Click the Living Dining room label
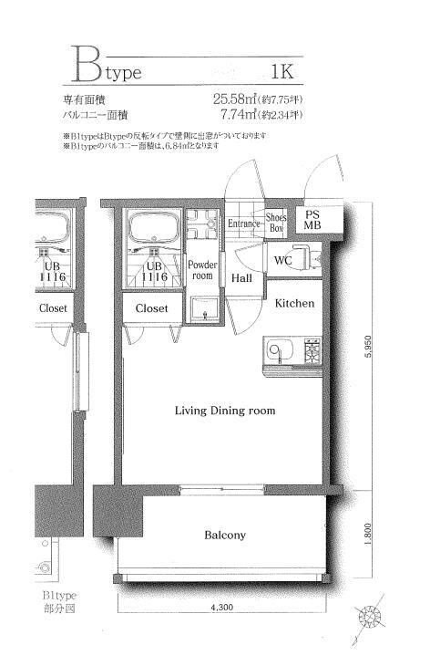pos(225,411)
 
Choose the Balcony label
pos(224,536)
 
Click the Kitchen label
pos(295,302)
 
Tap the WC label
pos(283,261)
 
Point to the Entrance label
pos(244,224)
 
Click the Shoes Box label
pos(277,224)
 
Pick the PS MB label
pos(312,220)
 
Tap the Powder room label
pos(201,269)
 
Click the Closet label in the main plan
pos(151,308)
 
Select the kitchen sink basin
pos(277,350)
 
